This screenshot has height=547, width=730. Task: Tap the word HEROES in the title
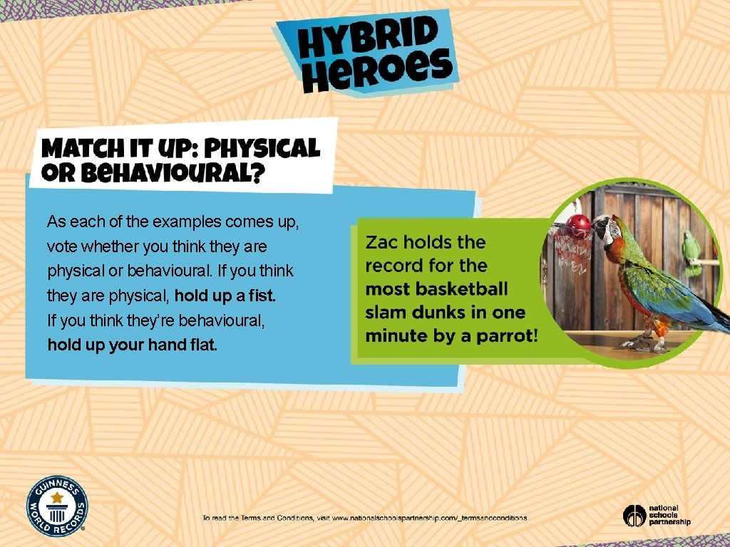[378, 70]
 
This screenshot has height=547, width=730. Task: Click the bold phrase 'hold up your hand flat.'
[132, 345]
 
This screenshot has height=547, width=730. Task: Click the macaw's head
[607, 229]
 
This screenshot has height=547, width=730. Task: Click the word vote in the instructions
[61, 246]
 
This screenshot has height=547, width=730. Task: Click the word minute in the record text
[392, 335]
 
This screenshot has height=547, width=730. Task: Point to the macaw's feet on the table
[645, 343]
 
